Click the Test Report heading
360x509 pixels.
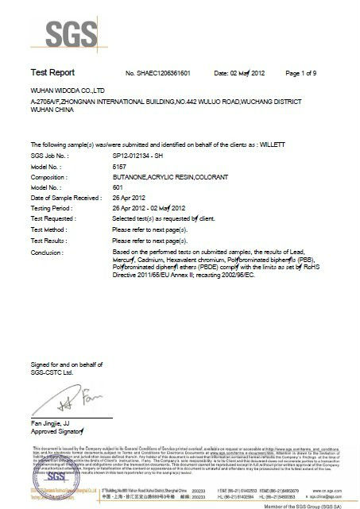51,71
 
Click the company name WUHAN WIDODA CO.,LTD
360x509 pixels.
65,92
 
